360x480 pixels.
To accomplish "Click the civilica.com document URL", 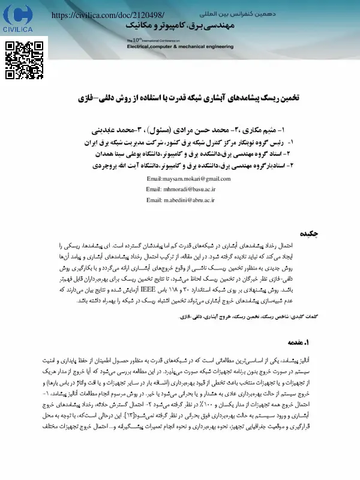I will pos(109,13).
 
